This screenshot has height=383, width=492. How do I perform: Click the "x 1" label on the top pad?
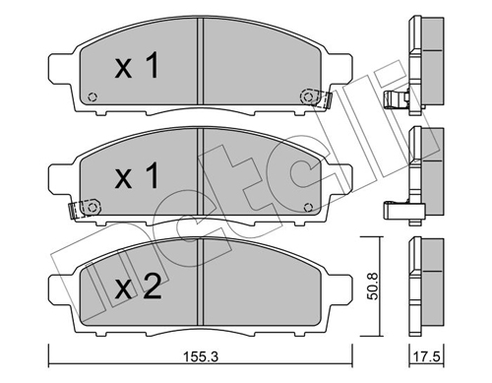(139, 68)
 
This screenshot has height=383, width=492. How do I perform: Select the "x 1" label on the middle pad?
(139, 177)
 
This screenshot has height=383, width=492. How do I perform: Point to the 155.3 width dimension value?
(198, 362)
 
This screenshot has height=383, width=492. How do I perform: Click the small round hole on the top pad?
(92, 96)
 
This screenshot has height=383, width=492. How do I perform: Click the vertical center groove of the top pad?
(201, 69)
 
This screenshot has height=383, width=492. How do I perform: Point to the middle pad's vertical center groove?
(201, 178)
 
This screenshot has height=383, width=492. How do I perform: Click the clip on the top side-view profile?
(399, 99)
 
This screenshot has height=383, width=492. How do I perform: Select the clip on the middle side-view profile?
(394, 209)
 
